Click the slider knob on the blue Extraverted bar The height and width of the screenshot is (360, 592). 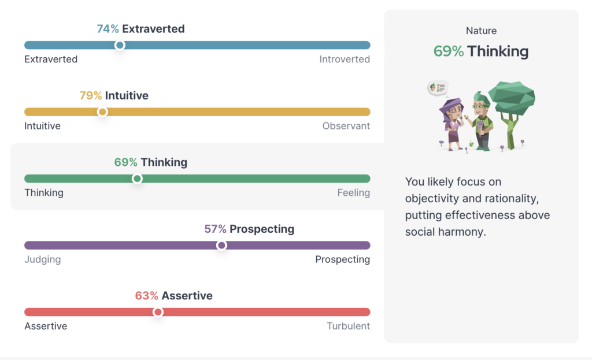(x=120, y=45)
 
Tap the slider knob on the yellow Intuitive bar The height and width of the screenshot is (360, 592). (x=102, y=112)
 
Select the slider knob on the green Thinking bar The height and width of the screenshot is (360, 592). (x=137, y=179)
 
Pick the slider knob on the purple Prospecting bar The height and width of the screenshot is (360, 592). (x=221, y=245)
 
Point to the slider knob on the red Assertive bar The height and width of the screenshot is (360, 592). (x=158, y=312)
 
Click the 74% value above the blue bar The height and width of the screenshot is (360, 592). (x=108, y=29)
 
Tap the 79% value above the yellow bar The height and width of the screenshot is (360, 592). (x=91, y=95)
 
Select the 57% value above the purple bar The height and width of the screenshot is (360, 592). (x=215, y=229)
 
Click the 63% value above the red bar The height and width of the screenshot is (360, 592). (x=146, y=295)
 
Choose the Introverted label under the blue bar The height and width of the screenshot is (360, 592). (x=345, y=60)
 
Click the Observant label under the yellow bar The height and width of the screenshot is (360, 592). (x=346, y=126)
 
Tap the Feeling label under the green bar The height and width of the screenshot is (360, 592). (x=354, y=193)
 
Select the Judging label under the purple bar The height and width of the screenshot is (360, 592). (x=43, y=259)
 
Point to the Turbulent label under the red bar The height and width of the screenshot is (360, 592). (x=349, y=326)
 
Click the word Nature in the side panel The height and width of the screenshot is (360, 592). (x=482, y=31)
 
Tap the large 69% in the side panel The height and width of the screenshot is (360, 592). (x=449, y=51)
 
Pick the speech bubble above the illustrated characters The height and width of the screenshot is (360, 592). (x=438, y=88)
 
